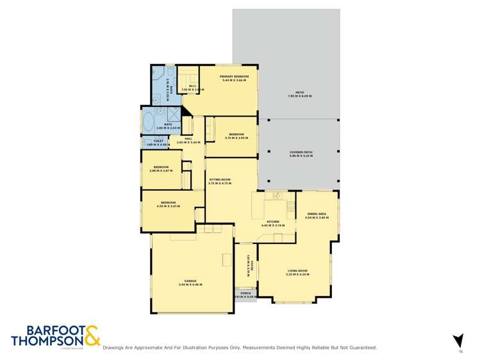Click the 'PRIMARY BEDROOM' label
[234, 76]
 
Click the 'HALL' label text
[189, 138]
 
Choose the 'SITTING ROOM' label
[219, 180]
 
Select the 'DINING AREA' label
[317, 214]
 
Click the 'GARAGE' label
[190, 281]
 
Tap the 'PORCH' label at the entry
[245, 293]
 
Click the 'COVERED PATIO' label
[300, 152]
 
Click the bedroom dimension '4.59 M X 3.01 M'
[169, 206]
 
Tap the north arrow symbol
[458, 341]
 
